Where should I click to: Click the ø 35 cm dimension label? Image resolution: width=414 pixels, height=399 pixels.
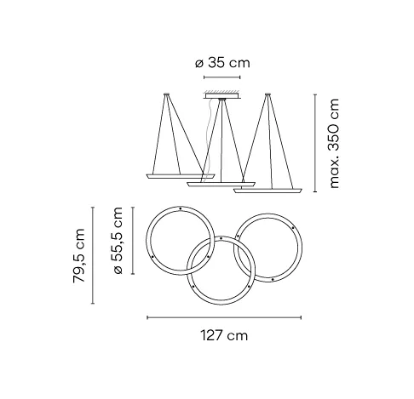click(x=222, y=63)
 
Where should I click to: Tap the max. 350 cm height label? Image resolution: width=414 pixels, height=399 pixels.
click(x=333, y=144)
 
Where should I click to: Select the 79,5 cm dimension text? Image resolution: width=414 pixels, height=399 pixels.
click(x=78, y=256)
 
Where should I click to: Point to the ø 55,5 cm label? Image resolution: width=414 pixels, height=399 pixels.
click(x=118, y=241)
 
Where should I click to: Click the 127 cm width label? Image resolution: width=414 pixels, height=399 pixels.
click(x=224, y=335)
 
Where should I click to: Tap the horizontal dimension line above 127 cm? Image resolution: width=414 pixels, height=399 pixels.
click(x=224, y=317)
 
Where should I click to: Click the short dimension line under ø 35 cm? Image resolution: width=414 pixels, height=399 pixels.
click(x=222, y=77)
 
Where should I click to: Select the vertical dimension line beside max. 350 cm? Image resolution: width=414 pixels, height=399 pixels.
click(x=315, y=143)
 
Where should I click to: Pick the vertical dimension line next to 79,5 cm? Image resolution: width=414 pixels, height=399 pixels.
click(x=93, y=255)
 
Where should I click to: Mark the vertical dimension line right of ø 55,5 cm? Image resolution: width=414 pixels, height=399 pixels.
click(x=133, y=241)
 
